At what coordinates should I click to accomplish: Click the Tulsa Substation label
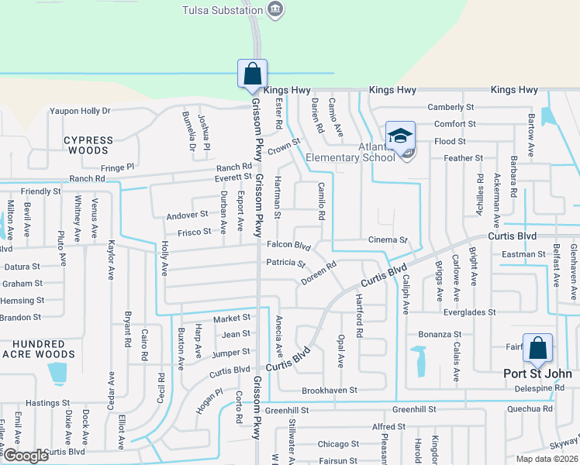pos(221,10)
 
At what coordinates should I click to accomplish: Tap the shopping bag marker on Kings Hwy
pos(252,75)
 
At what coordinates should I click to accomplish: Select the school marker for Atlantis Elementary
pos(400,137)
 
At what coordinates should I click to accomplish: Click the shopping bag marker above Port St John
pos(537,349)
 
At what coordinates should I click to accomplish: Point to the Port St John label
pos(537,374)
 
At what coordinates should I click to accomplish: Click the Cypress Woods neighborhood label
pos(88,145)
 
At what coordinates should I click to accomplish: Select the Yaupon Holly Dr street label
pos(81,111)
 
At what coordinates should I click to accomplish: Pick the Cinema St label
pos(388,240)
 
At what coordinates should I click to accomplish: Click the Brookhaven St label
pos(329,391)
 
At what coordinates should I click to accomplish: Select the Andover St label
pos(187,214)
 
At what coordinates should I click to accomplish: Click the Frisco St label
pos(195,232)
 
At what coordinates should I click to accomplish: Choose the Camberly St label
pos(451,108)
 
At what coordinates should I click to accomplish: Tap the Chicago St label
pos(338,444)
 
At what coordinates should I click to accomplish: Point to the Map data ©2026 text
pos(547,459)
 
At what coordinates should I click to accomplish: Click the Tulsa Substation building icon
pos(274,9)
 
